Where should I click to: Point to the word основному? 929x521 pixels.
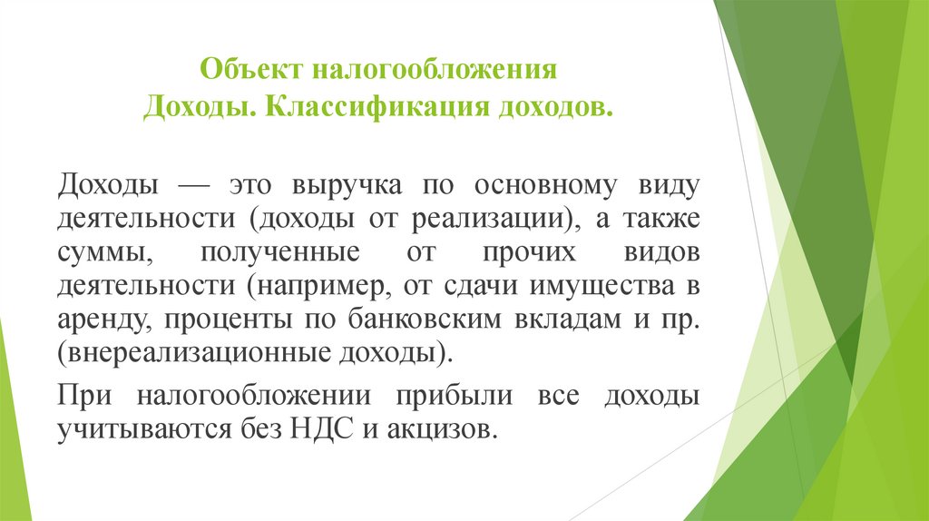535,185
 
